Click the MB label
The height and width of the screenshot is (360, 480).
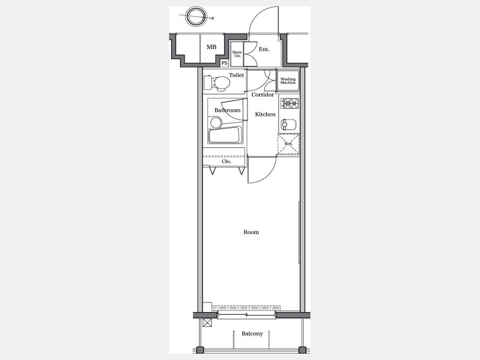point(211,47)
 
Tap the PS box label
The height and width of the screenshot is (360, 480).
point(225,63)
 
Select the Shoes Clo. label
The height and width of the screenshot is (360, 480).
point(237,54)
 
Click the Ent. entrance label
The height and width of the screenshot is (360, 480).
point(264,49)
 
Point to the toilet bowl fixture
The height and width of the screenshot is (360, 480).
point(218,83)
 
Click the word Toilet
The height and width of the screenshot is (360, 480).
point(236,75)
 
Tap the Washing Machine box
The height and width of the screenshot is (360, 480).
point(288,81)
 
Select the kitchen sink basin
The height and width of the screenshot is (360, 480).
point(289,124)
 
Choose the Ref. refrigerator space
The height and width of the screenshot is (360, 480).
point(289,144)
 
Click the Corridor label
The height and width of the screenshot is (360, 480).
point(262,94)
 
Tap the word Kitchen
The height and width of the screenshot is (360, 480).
point(265,114)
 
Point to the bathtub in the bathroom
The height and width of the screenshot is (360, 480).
point(225,135)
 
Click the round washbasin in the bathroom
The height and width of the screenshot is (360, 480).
point(216,123)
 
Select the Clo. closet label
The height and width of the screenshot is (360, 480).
point(226,161)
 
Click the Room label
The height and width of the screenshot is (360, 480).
point(251,232)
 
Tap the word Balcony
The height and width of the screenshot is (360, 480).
point(252,333)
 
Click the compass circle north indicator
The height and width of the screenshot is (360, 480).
point(195,16)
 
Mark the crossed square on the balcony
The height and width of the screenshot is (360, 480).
point(207,323)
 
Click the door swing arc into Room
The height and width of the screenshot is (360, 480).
point(268,175)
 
